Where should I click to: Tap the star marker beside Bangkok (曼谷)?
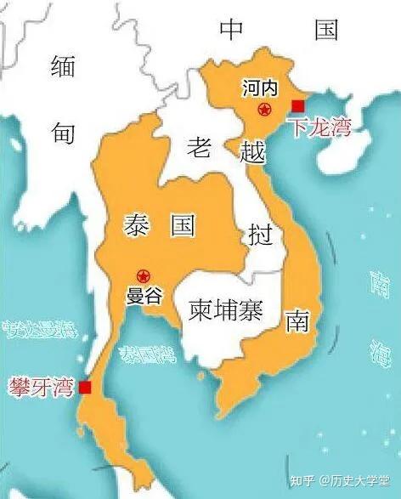(143, 275)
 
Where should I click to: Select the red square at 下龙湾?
(297, 105)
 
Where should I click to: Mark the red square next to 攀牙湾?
(84, 388)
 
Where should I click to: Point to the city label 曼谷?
(143, 297)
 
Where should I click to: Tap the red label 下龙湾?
(319, 129)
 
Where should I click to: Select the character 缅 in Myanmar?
(64, 65)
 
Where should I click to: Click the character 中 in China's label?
(231, 30)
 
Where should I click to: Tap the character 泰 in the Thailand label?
(136, 225)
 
